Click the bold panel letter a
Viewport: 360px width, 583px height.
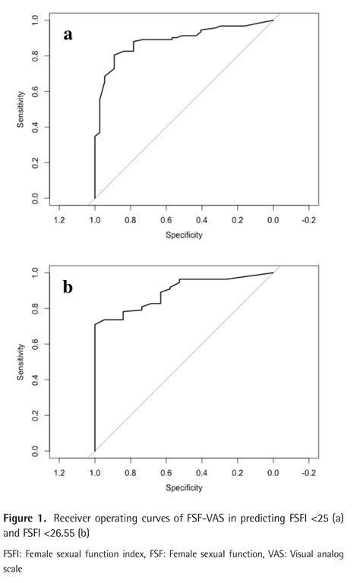pos(68,35)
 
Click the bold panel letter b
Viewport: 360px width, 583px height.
pos(68,287)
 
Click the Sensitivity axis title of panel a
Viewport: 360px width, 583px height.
pos(21,110)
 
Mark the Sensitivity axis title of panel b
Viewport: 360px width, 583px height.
pos(21,362)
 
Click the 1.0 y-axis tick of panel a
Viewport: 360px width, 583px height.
pos(35,21)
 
